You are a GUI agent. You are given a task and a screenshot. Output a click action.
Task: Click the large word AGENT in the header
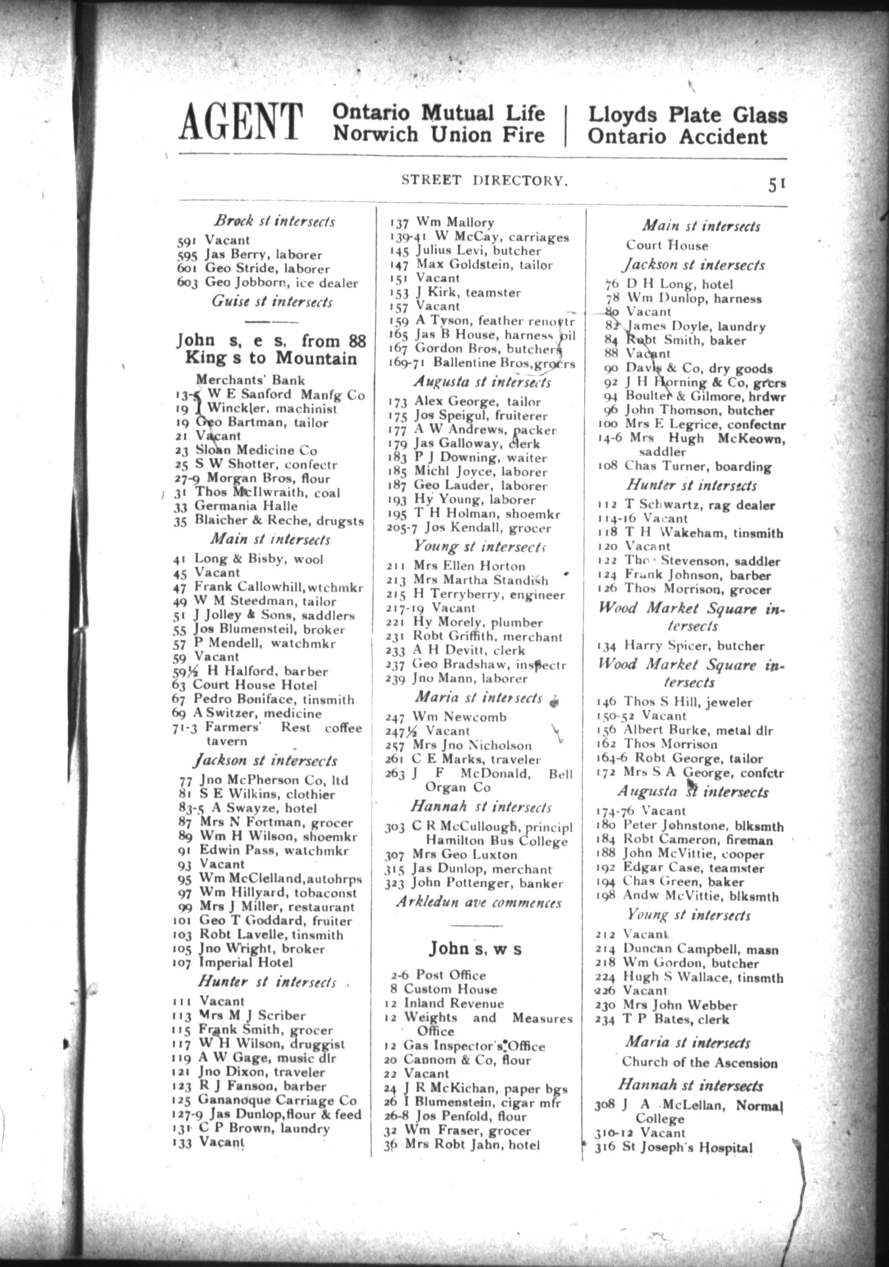(241, 122)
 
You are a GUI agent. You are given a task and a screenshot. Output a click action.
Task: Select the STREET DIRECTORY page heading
(482, 180)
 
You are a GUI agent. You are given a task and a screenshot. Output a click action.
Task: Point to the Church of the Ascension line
(699, 1063)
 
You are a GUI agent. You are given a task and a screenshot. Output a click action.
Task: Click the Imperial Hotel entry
(245, 963)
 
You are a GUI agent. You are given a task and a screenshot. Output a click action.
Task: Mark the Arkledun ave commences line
(479, 903)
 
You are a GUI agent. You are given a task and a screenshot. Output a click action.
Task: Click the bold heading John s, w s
(475, 949)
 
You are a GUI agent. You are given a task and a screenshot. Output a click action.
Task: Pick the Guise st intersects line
(272, 302)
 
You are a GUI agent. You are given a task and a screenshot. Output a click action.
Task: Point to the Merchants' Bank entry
(250, 380)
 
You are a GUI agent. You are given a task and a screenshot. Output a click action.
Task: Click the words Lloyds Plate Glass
(687, 115)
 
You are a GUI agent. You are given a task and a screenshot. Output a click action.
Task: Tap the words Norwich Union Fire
(438, 135)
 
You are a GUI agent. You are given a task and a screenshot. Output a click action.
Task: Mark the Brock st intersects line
(274, 221)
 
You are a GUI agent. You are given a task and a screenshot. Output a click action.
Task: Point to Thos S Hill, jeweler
(675, 702)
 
